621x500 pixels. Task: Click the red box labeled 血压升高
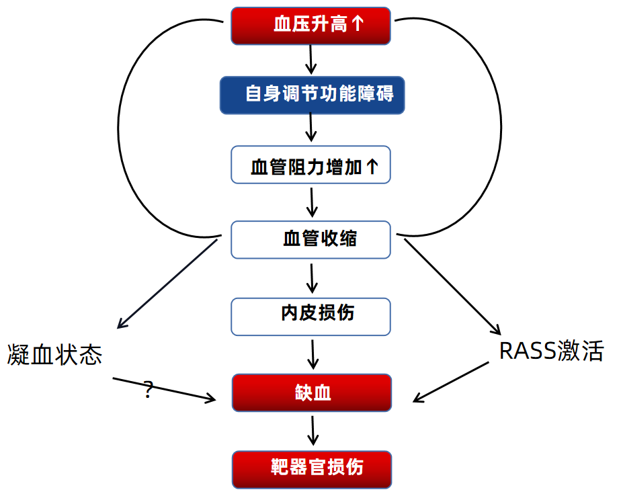(x=310, y=25)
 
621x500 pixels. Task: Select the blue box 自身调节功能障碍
(x=312, y=93)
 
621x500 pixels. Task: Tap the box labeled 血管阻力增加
(x=310, y=165)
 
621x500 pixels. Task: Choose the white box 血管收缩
(x=310, y=239)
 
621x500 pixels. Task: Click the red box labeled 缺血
(x=312, y=392)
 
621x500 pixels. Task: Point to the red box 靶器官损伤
(x=312, y=469)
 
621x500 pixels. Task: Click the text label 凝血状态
(x=55, y=354)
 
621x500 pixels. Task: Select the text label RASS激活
(x=551, y=351)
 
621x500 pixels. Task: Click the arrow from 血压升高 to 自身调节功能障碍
(x=310, y=59)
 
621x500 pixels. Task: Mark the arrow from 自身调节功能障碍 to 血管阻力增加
(x=310, y=128)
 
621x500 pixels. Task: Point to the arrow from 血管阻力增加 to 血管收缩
(x=310, y=201)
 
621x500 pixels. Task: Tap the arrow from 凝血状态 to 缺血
(x=165, y=390)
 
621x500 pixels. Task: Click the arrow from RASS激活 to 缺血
(x=450, y=382)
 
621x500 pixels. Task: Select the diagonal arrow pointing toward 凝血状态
(x=167, y=283)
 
